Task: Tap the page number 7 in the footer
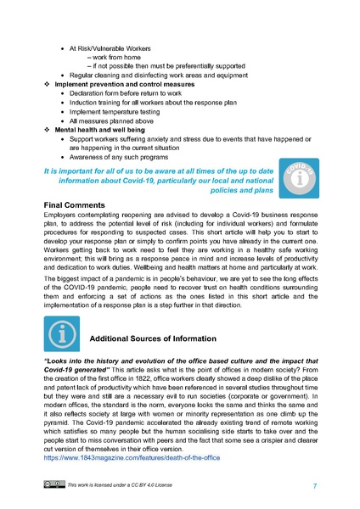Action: (x=315, y=485)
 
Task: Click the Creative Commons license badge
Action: (x=53, y=485)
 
